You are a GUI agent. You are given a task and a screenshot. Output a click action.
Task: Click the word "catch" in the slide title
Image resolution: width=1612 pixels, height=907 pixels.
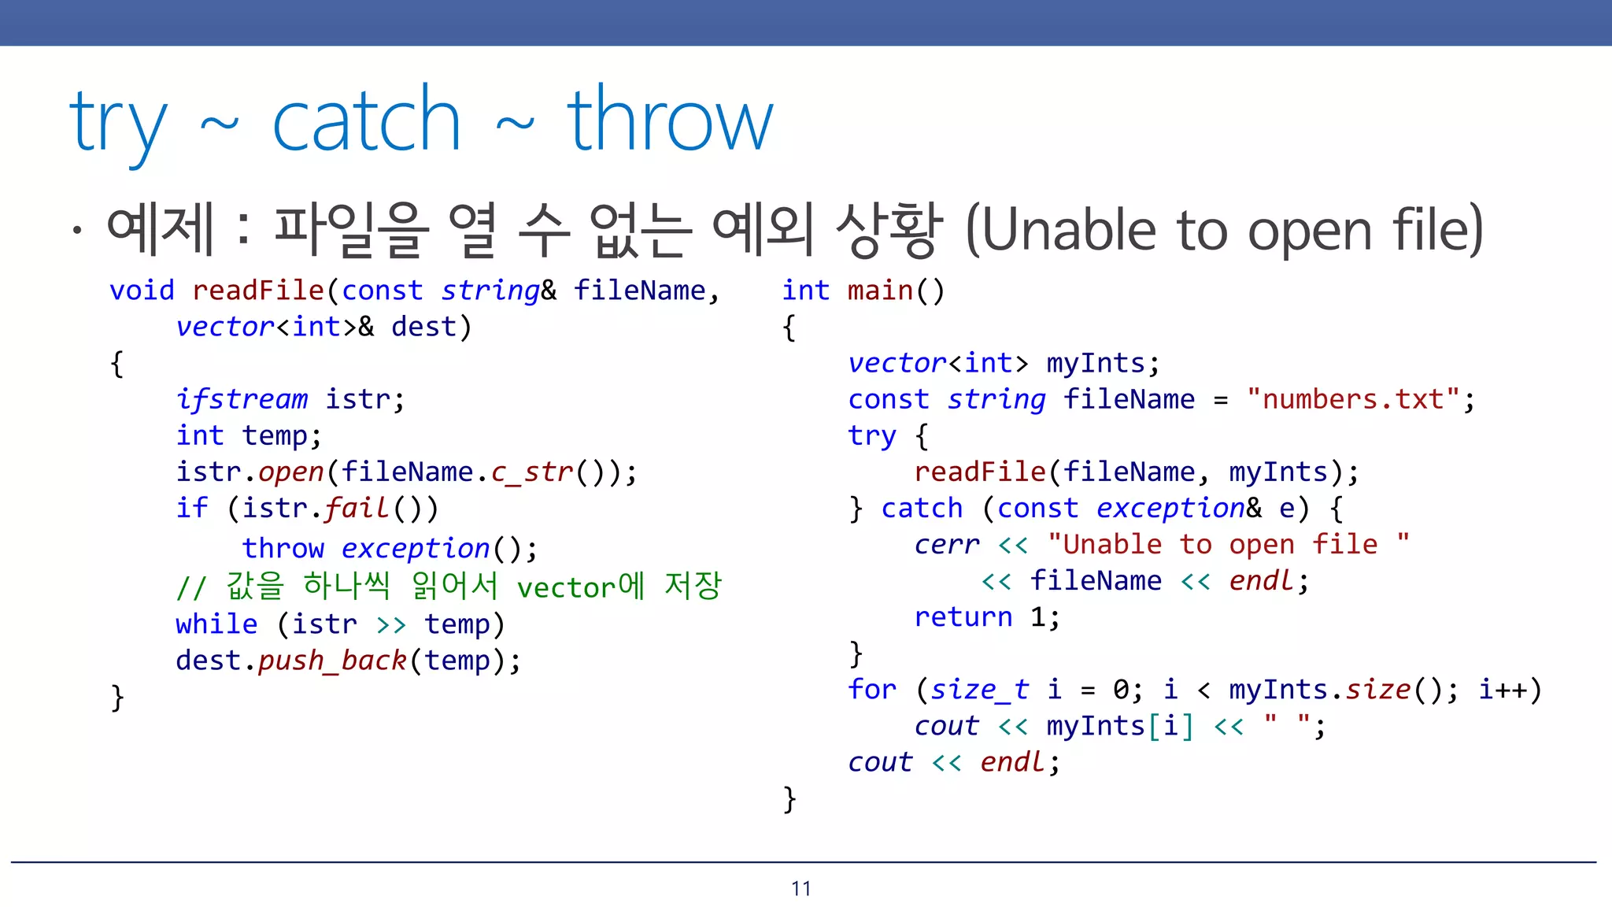tap(365, 122)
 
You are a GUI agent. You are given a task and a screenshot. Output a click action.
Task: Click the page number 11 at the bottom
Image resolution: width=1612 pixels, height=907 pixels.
tap(801, 889)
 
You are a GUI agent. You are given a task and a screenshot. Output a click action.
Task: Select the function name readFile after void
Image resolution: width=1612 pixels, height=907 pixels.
tap(258, 291)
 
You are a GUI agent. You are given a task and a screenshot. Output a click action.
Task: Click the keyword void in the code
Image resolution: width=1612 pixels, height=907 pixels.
tap(142, 291)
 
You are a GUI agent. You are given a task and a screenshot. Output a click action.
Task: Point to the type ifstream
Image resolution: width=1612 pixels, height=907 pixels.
tap(242, 399)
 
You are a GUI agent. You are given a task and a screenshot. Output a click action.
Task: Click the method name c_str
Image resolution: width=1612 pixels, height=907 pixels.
tap(532, 472)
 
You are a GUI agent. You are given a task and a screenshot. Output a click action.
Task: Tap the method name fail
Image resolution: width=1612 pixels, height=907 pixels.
tap(357, 508)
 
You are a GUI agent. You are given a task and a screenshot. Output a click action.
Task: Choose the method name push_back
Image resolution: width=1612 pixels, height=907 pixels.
tap(331, 660)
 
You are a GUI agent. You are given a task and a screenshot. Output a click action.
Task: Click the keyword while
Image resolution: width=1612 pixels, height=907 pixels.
tap(216, 624)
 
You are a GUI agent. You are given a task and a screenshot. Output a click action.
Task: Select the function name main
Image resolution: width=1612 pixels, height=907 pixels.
tap(880, 291)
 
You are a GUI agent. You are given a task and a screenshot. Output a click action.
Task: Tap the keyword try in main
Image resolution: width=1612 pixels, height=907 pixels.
tap(872, 435)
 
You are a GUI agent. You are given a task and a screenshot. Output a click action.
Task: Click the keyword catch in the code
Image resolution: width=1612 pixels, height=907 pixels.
tap(922, 508)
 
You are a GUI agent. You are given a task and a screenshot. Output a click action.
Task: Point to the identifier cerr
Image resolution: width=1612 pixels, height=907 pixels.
tap(947, 544)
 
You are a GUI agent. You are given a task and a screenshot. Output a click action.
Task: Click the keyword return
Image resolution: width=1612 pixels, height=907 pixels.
tap(963, 616)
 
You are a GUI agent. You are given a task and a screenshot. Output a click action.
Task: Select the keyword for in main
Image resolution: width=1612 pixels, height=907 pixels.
tap(872, 690)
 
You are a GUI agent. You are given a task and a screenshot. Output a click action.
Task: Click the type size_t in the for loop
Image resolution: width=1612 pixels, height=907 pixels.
tap(979, 690)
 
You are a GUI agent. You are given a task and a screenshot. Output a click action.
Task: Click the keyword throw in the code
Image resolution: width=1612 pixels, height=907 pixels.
tap(283, 548)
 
